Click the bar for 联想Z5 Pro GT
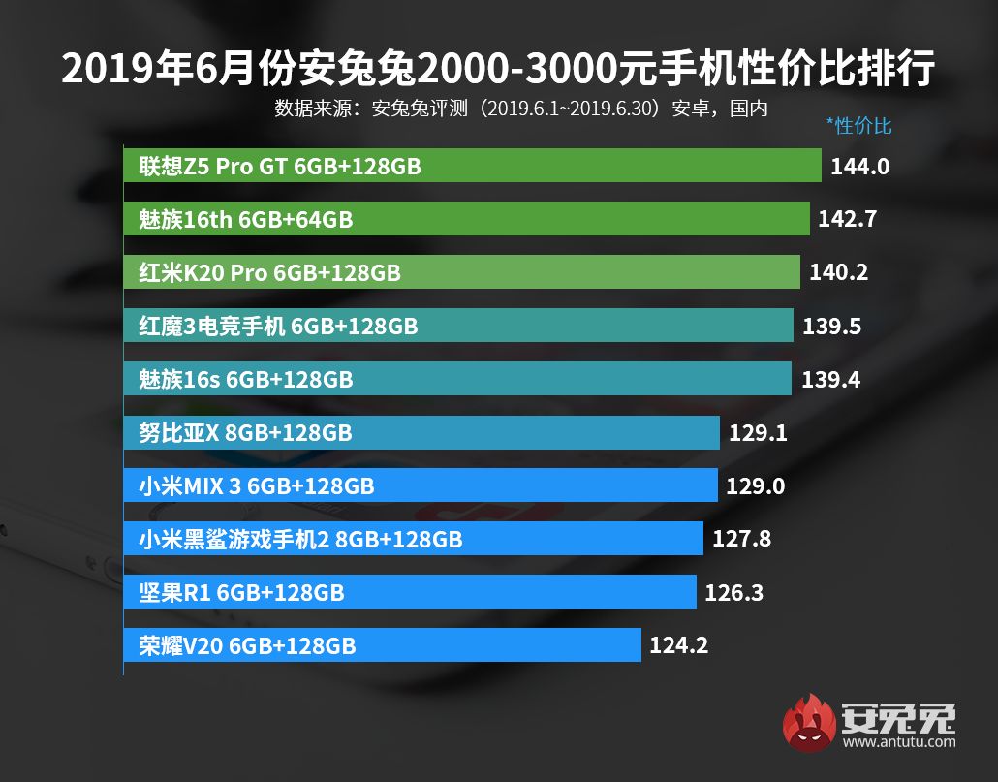pos(472,166)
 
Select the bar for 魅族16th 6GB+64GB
pos(466,219)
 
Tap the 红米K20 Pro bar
pos(461,272)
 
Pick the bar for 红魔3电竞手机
pos(458,326)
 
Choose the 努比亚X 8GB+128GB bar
pos(421,431)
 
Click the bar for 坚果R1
pos(410,591)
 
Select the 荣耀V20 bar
pos(382,644)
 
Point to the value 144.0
pos(860,167)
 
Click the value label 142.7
pos(847,219)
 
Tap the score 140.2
pos(839,272)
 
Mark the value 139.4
pos(830,379)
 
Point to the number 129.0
pos(755,485)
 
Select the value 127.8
pos(741,538)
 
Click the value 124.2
pos(679,644)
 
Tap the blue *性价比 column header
pos(858,125)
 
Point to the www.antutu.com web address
pos(899,743)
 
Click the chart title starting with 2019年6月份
pos(498,69)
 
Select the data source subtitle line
pos(521,108)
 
